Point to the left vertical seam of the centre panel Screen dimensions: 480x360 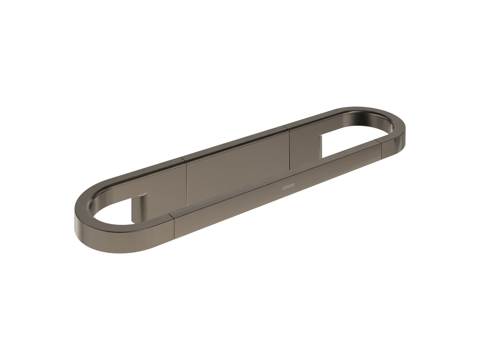pyautogui.click(x=186, y=181)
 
